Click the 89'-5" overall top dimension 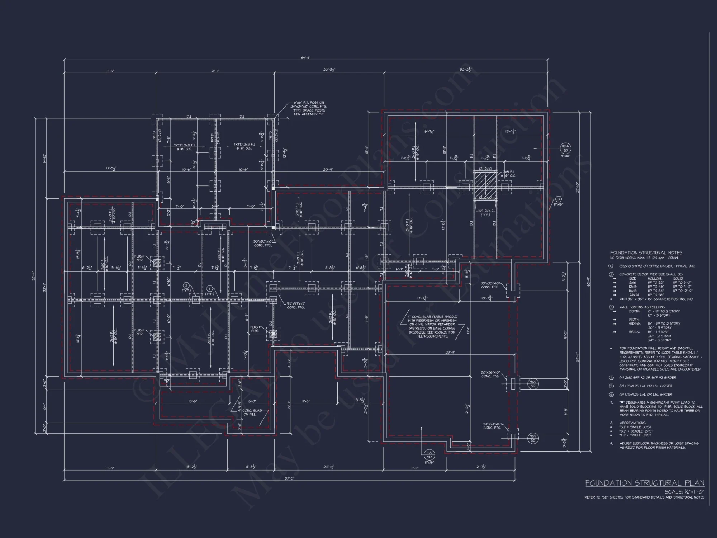tap(306, 58)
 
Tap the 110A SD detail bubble tap(565, 148)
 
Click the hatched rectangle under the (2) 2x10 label tap(485, 185)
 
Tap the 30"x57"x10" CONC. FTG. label tap(296, 305)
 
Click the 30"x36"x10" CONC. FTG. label tap(490, 374)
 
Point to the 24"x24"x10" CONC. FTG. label tap(492, 425)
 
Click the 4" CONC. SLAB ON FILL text tap(252, 412)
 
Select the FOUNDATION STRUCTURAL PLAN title tap(645, 483)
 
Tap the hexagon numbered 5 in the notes tap(611, 386)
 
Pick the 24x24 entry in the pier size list tap(632, 295)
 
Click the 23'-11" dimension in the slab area tap(450, 352)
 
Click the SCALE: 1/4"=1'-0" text tap(684, 492)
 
